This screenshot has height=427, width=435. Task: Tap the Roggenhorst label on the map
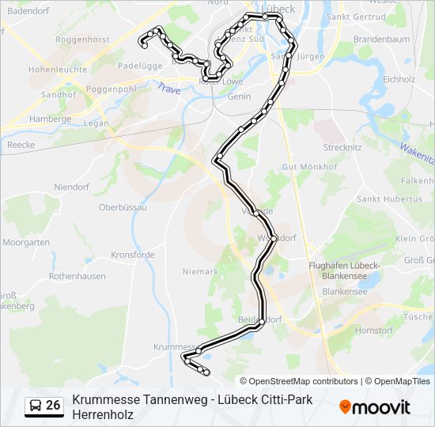click(82, 38)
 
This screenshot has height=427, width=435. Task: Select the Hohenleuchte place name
click(57, 70)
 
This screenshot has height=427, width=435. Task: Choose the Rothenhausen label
click(77, 276)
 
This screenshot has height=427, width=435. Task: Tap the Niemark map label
click(200, 271)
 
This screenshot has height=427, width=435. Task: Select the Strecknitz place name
click(342, 148)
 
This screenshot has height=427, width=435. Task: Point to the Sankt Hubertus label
click(389, 199)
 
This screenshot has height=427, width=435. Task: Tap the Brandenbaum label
click(381, 39)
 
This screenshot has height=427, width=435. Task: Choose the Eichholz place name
click(399, 79)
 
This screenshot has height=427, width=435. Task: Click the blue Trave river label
click(168, 89)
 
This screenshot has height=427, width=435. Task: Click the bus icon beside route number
click(36, 406)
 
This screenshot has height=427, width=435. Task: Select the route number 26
click(53, 406)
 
